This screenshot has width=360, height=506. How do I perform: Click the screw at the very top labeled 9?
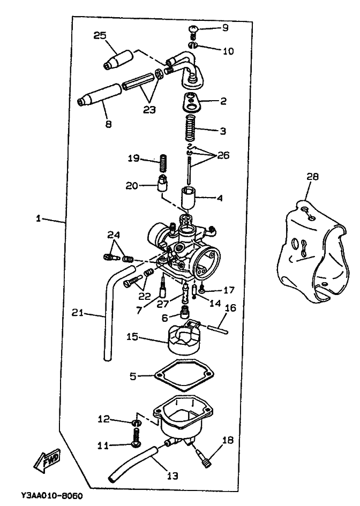click(x=194, y=28)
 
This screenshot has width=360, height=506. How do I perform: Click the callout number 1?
click(x=38, y=218)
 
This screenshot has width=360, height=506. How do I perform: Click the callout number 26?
click(x=223, y=156)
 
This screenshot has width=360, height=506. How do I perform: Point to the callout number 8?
click(x=108, y=124)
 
